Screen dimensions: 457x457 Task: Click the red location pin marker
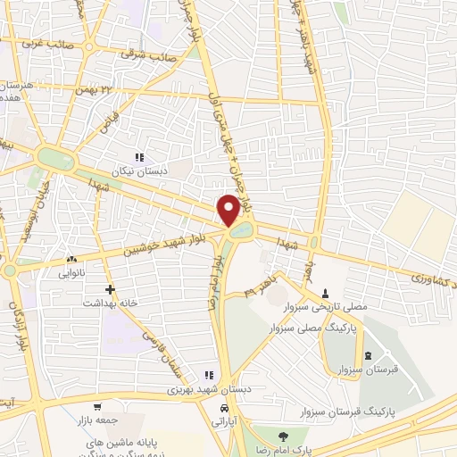(x=228, y=210)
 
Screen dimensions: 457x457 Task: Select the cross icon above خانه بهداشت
(x=110, y=290)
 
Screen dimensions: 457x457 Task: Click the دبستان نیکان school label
(x=135, y=170)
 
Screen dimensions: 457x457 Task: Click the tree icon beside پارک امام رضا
(x=283, y=436)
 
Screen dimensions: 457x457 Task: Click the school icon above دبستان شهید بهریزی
(x=209, y=376)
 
